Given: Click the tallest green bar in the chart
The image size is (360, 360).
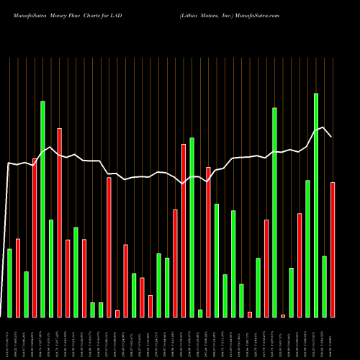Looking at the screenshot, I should click(x=315, y=205).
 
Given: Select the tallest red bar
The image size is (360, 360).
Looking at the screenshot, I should click(x=59, y=222).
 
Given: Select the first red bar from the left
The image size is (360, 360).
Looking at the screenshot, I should click(x=18, y=278).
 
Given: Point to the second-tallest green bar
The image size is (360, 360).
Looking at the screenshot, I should click(x=42, y=209).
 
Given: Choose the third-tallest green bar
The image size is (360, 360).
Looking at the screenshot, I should click(x=274, y=212).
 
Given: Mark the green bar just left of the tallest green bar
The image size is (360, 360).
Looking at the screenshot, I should click(x=307, y=248).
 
